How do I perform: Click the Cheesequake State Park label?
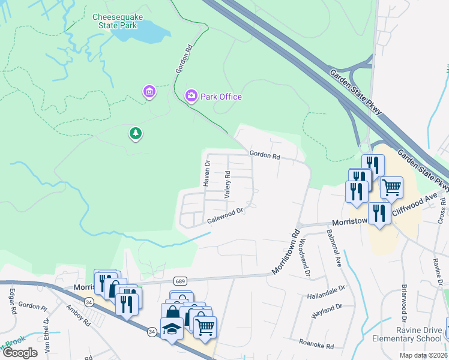[x=118, y=22]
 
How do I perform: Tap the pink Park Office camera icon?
[x=191, y=96]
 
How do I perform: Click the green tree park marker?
[x=136, y=133]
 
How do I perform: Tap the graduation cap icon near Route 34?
[x=172, y=329]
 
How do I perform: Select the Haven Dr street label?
[x=207, y=172]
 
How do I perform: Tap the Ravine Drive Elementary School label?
[x=412, y=334]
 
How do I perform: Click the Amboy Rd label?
[x=78, y=314]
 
